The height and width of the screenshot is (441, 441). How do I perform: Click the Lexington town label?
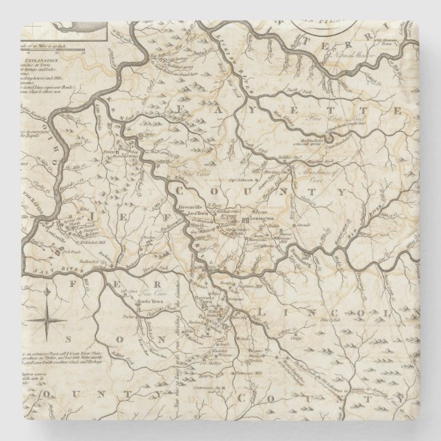coord(262,218)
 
